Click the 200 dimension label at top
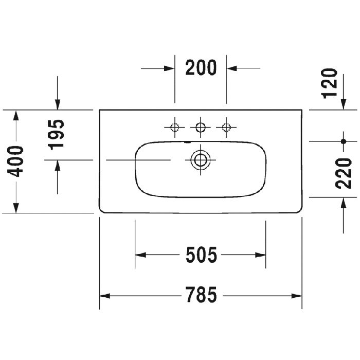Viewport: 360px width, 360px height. tap(201, 67)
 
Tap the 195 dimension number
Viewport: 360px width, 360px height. tap(58, 134)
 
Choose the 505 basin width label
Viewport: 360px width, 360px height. tap(201, 255)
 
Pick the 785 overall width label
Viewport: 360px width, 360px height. tap(201, 295)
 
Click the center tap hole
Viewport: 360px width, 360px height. tap(200, 127)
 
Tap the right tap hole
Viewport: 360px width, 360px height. tap(225, 127)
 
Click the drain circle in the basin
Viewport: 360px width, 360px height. tap(200, 159)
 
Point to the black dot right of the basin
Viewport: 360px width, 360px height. tap(343, 140)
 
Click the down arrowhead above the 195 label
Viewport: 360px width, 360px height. tap(58, 104)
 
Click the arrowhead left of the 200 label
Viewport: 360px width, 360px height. tap(169, 67)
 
